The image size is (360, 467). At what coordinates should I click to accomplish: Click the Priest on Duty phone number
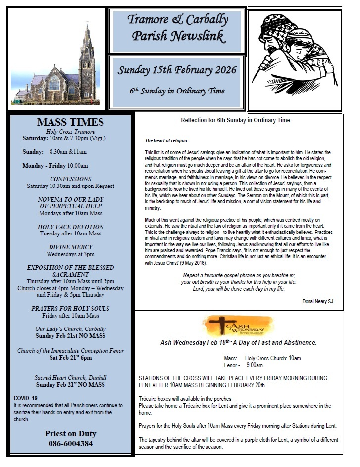coord(70,444)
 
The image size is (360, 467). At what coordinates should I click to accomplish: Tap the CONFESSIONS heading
coord(70,179)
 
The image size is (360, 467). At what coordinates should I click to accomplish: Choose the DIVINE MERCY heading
coord(70,247)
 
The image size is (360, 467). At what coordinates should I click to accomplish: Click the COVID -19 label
coord(26,398)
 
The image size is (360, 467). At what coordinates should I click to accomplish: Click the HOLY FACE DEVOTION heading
coord(70,226)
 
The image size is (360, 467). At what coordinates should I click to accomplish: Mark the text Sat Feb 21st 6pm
coord(70,358)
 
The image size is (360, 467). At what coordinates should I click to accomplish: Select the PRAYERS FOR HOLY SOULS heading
coord(70,308)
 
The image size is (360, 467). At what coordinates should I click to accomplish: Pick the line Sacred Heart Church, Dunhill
coord(70,377)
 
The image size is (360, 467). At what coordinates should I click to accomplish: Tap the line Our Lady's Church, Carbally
coord(70,328)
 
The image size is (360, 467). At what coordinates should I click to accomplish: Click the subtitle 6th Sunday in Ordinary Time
coord(177,91)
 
